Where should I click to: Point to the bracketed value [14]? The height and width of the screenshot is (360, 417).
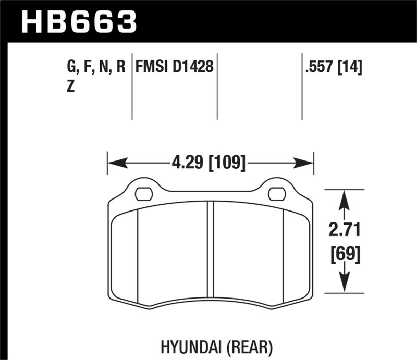tap(350, 68)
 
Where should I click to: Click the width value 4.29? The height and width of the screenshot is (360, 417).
tap(187, 163)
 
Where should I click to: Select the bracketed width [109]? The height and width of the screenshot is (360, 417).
tap(227, 163)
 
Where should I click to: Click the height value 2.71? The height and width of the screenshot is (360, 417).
tap(344, 229)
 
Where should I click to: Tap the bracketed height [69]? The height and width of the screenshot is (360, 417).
tap(344, 255)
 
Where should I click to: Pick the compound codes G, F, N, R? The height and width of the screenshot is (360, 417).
tap(96, 68)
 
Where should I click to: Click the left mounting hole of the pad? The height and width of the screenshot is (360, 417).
tap(143, 194)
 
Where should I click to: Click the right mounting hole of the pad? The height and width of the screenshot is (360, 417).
tap(276, 194)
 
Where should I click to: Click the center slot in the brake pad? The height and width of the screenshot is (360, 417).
tap(211, 253)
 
